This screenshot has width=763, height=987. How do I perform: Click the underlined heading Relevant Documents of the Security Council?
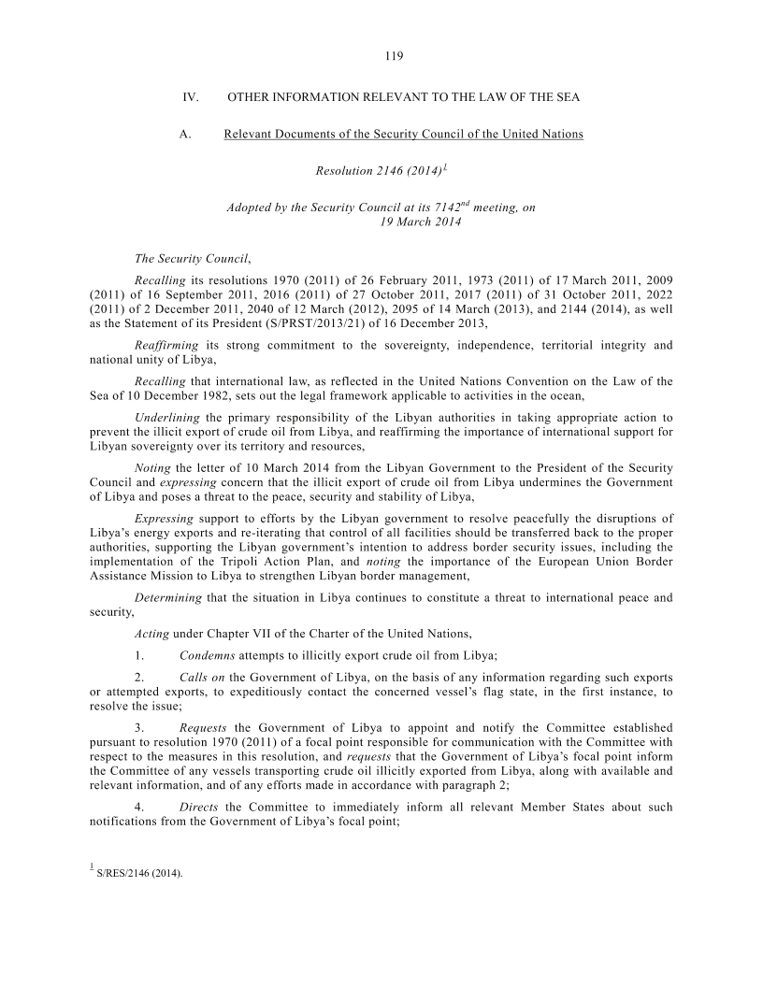pos(403,134)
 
